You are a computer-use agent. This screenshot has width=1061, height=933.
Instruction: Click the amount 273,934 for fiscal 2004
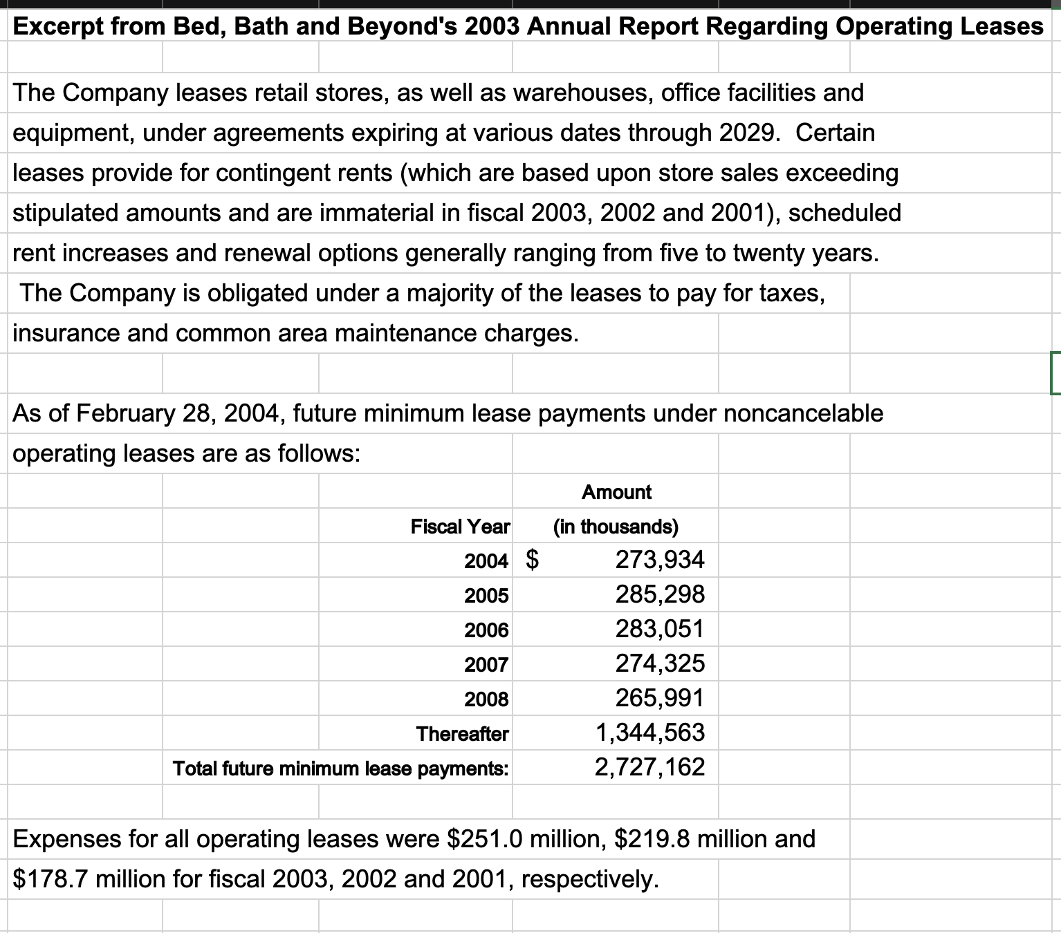coord(660,560)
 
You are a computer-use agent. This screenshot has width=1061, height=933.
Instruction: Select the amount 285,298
coord(660,594)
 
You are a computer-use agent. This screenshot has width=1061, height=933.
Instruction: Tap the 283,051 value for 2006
coord(660,629)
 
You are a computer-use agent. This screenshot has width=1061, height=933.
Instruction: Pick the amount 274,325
coord(660,663)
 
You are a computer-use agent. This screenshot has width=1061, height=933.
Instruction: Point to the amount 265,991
coord(660,698)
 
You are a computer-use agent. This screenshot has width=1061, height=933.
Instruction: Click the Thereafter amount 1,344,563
coord(650,733)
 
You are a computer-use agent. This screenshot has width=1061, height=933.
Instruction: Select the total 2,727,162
coord(650,767)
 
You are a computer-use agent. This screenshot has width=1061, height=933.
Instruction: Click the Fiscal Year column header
coord(460,527)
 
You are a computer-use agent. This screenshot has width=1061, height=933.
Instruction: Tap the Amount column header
coord(616,492)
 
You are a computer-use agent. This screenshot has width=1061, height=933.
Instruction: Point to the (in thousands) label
coord(616,527)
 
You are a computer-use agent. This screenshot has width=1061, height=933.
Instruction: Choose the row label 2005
coord(486,595)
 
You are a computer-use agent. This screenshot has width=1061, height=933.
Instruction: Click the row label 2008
coord(486,699)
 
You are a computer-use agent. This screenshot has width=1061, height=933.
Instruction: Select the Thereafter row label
coord(462,733)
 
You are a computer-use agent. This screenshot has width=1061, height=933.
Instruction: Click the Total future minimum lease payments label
coord(340,768)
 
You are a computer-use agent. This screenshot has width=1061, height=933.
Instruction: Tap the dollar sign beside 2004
coord(533,559)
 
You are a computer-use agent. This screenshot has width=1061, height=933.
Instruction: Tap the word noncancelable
coord(803,413)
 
